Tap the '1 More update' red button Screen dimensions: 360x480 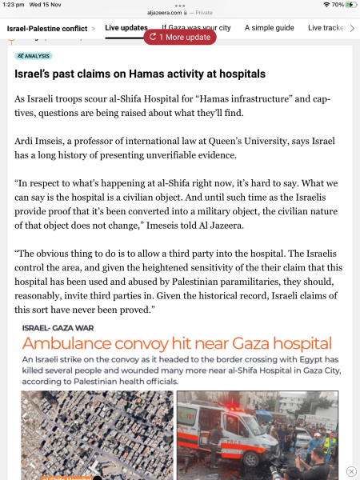coord(180,37)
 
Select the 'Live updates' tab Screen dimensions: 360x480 coord(126,28)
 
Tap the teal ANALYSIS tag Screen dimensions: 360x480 coord(34,56)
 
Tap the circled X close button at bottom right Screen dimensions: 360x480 coord(351,471)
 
